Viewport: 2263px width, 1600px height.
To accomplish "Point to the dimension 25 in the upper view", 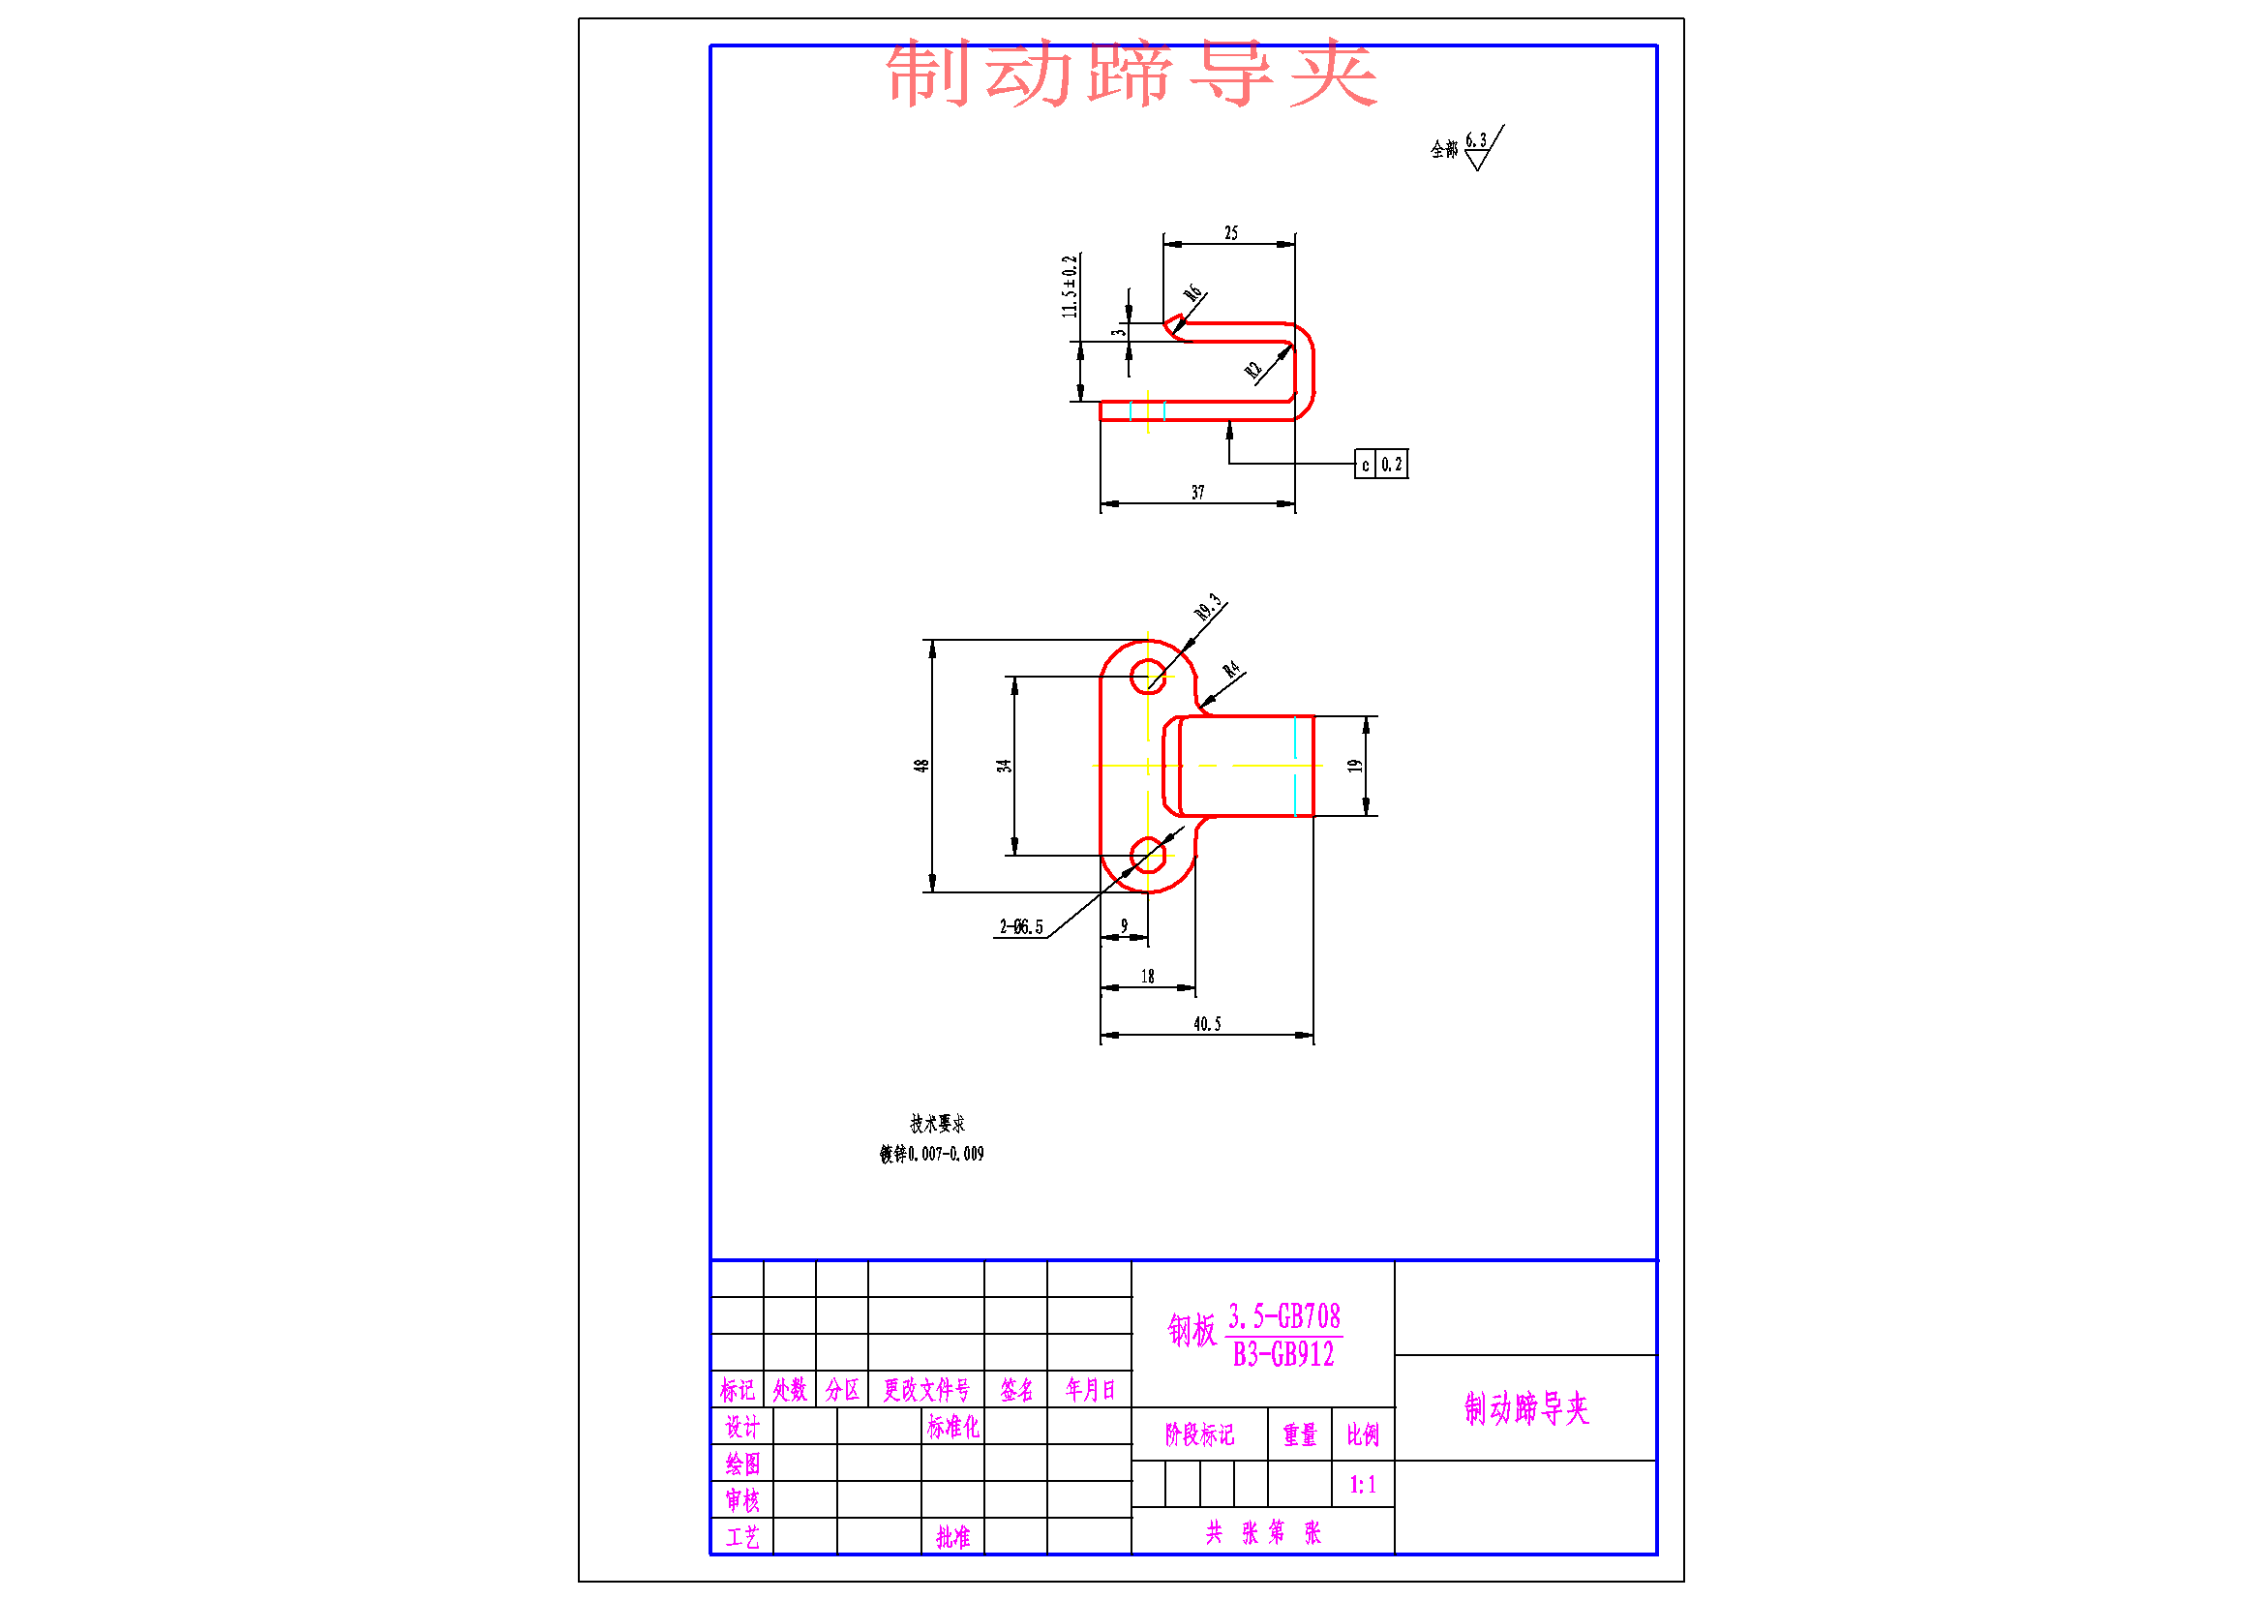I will click(x=1231, y=233).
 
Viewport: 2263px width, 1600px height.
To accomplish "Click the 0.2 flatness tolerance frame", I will click(x=1391, y=465).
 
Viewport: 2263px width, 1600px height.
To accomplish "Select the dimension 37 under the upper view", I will click(x=1197, y=492).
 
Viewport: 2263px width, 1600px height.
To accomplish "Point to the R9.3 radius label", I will click(x=1207, y=607).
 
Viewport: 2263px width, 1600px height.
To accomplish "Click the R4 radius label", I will click(x=1231, y=671).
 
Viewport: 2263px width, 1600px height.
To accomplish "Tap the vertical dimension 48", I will click(x=920, y=766).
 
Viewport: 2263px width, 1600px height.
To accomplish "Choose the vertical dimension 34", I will click(x=1004, y=766).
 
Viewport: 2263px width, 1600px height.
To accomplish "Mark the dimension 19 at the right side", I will click(x=1355, y=766).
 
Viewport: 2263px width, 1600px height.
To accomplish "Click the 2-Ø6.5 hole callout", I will click(x=1021, y=926).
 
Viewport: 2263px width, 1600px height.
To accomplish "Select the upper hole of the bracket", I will click(x=1147, y=678).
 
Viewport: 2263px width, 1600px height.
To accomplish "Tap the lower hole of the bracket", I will click(x=1147, y=856).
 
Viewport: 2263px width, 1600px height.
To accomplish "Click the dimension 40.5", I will click(x=1206, y=1024).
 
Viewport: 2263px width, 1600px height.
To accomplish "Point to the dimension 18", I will click(x=1147, y=977).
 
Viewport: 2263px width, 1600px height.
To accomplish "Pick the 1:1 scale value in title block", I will click(x=1362, y=1485).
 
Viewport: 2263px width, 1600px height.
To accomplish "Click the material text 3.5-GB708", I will click(x=1283, y=1317).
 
